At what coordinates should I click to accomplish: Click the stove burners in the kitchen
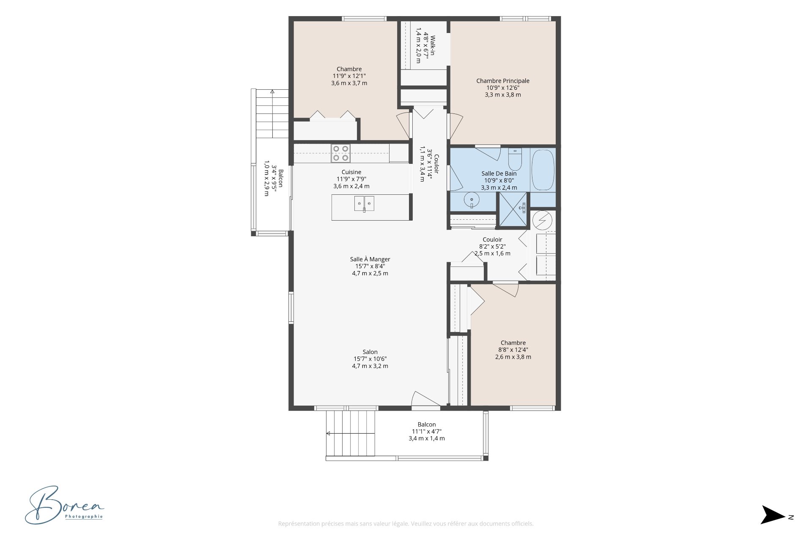(x=340, y=153)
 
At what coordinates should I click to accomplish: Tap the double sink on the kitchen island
(x=364, y=204)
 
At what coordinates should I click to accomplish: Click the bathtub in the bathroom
(x=543, y=169)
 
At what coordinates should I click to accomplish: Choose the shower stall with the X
(x=513, y=210)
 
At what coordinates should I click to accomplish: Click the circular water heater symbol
(x=542, y=220)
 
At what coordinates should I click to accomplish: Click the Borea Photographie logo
(x=64, y=505)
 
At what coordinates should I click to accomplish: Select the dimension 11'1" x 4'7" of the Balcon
(x=427, y=431)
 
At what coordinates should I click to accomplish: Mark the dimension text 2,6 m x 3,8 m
(x=513, y=357)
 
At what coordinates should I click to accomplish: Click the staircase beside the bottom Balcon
(x=351, y=433)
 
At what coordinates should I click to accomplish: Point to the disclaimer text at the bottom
(x=406, y=524)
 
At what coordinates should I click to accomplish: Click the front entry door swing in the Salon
(x=425, y=399)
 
